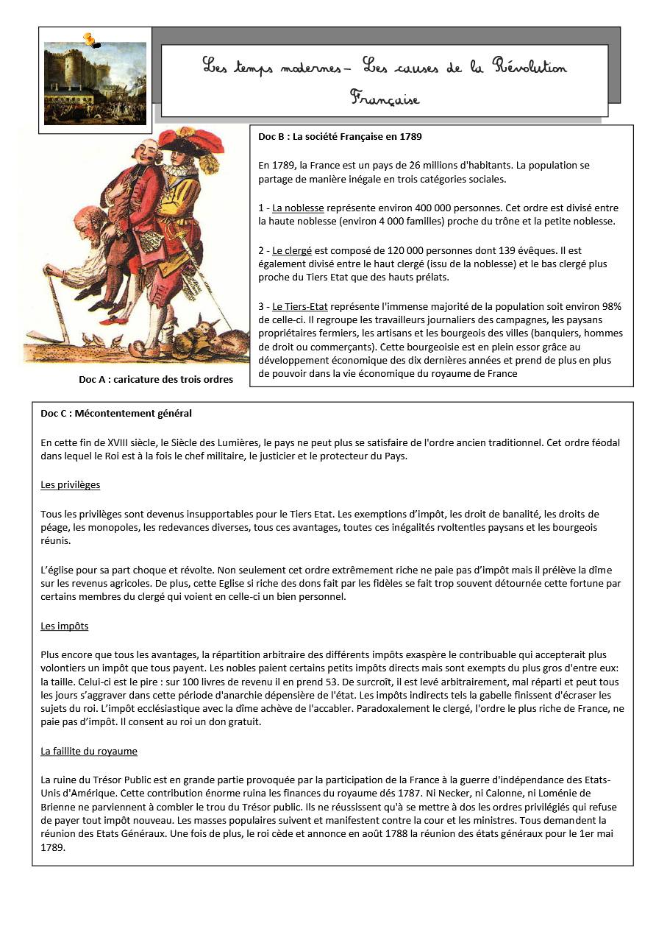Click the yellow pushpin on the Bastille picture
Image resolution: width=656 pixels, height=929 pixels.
click(x=90, y=39)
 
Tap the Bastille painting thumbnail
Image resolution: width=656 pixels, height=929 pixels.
click(x=95, y=83)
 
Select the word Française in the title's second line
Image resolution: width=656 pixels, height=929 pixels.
click(x=385, y=98)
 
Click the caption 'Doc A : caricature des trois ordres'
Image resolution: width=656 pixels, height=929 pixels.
click(x=156, y=380)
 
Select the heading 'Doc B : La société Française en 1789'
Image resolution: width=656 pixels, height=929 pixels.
click(x=340, y=137)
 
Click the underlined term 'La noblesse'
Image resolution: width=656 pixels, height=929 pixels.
click(x=298, y=208)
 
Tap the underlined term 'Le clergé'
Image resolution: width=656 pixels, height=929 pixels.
click(x=292, y=251)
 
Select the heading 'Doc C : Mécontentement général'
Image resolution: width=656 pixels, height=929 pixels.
click(x=116, y=414)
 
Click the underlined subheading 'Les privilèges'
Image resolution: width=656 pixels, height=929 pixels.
click(x=71, y=485)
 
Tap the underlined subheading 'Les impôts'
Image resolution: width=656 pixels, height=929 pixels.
click(x=65, y=626)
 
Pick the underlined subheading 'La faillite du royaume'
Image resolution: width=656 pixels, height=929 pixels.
click(x=89, y=752)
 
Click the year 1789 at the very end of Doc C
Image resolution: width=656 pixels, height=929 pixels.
click(x=53, y=847)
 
